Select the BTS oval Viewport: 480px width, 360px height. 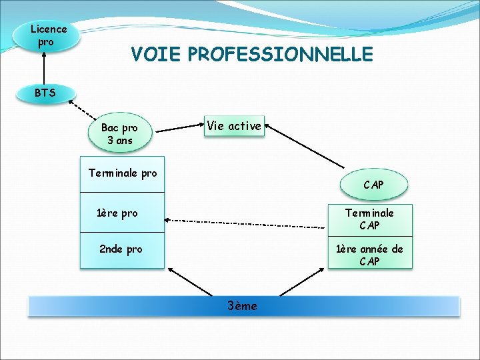tap(45, 93)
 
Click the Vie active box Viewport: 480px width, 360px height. tap(234, 126)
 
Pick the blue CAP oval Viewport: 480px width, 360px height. tap(373, 184)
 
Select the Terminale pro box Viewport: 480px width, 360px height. tap(123, 173)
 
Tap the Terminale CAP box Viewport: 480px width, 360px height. tap(369, 219)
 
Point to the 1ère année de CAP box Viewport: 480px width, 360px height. tap(369, 255)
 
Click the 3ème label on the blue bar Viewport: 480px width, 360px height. tap(242, 306)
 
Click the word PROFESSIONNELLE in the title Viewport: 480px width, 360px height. tap(281, 54)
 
